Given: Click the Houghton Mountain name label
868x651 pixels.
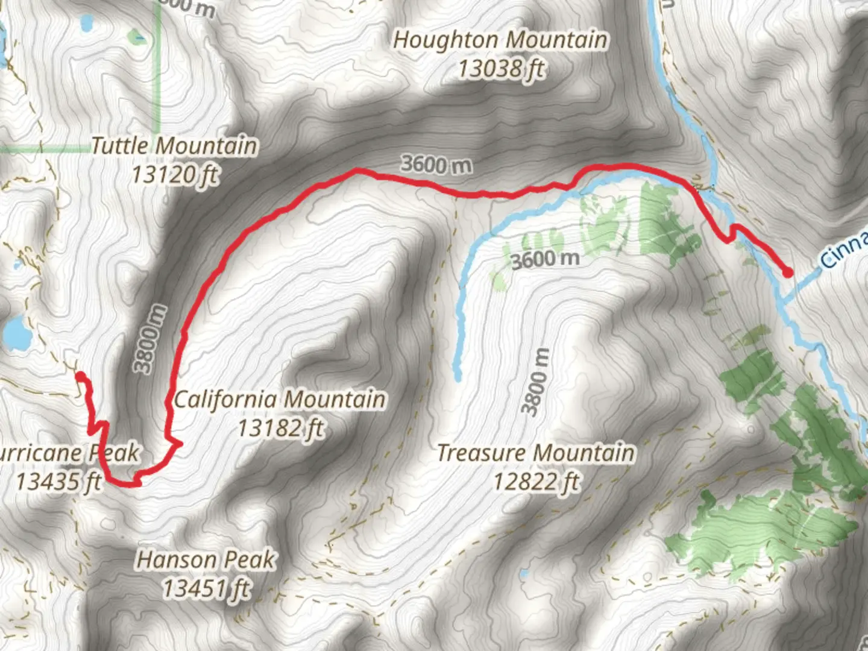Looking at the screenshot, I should pyautogui.click(x=500, y=40).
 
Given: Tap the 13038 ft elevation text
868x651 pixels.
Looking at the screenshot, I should pyautogui.click(x=501, y=69).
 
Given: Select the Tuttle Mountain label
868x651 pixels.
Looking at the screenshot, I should pyautogui.click(x=174, y=146).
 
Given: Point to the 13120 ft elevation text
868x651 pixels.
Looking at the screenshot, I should pyautogui.click(x=174, y=175).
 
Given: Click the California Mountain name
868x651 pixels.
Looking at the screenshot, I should pyautogui.click(x=280, y=399).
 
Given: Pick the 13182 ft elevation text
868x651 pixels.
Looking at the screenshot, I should pyautogui.click(x=280, y=428).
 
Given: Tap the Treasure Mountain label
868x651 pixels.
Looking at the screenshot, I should pyautogui.click(x=535, y=453).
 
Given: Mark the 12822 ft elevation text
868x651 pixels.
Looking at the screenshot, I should pyautogui.click(x=535, y=482).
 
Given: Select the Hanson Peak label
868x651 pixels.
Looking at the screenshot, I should pyautogui.click(x=206, y=560).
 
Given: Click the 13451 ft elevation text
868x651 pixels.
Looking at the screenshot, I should pyautogui.click(x=206, y=588).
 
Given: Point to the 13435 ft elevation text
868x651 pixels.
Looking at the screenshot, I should pyautogui.click(x=58, y=482).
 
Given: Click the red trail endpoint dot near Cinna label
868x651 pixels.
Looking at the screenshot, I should pyautogui.click(x=787, y=272).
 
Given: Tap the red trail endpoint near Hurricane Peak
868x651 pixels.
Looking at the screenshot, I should pyautogui.click(x=80, y=377).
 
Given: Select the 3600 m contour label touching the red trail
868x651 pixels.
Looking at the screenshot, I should pyautogui.click(x=436, y=164).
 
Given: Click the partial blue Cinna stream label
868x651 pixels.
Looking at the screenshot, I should pyautogui.click(x=844, y=250).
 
